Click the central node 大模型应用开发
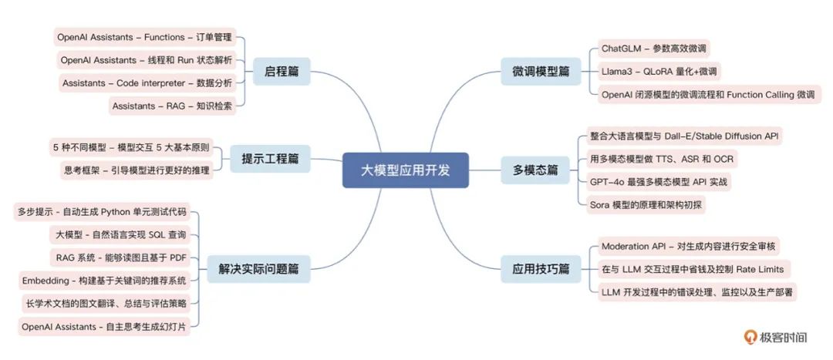pos(406,170)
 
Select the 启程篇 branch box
pos(281,72)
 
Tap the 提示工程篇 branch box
pos(270,158)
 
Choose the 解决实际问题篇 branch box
pos(258,269)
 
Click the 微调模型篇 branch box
pos(535,72)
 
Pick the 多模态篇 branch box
pos(535,170)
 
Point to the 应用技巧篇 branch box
pos(535,269)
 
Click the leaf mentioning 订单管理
pos(146,37)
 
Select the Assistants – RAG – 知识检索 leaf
pos(172,106)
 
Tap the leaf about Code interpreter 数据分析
pos(147,83)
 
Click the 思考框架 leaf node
pos(137,170)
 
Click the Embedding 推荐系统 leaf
pos(104,280)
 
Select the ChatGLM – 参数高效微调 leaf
pos(655,49)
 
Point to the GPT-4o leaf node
pos(658,182)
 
